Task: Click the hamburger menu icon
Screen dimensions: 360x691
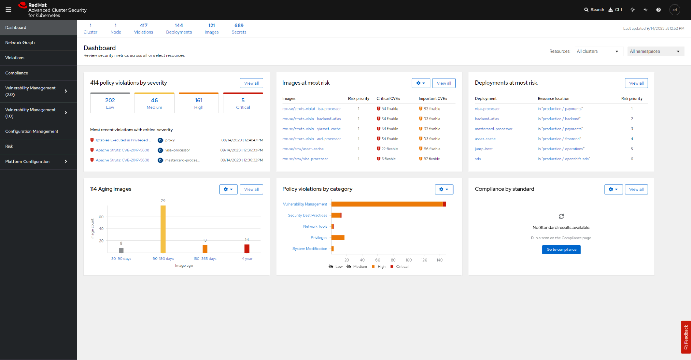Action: tap(8, 10)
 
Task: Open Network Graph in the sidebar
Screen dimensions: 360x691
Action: tap(20, 42)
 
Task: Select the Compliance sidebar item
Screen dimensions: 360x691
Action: tap(17, 73)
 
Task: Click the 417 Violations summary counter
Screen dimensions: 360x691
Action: tap(143, 29)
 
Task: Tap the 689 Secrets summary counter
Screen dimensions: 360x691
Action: tap(239, 29)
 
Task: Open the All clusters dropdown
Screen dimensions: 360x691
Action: tap(598, 51)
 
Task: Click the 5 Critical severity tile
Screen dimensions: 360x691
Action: tap(243, 103)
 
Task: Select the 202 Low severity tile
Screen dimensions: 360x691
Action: tap(110, 103)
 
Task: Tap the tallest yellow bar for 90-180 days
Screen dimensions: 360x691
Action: tap(163, 229)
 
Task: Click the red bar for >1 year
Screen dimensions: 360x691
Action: tap(247, 248)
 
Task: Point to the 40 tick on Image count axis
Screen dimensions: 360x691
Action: tap(101, 229)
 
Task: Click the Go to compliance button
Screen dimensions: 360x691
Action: tap(561, 249)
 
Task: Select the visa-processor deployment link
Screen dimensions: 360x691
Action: tap(487, 109)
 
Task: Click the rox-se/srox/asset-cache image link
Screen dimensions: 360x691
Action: tap(303, 149)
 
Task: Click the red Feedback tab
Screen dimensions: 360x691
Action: tap(685, 337)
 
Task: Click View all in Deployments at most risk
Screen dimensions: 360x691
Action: tap(636, 83)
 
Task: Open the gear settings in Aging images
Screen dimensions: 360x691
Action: tap(228, 189)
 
